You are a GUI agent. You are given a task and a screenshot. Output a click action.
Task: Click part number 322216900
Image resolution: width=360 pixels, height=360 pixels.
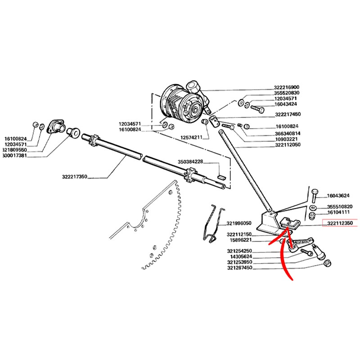pyautogui.click(x=286, y=87)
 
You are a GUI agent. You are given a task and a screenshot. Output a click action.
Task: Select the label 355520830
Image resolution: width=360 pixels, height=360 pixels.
pyautogui.click(x=286, y=93)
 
